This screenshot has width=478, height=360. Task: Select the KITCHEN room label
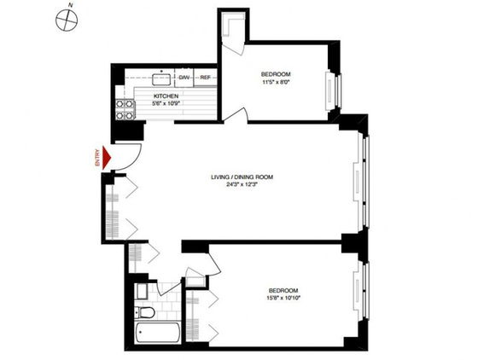[166, 96]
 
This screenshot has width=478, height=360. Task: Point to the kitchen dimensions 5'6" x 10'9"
[166, 103]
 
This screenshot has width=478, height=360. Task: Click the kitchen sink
[162, 78]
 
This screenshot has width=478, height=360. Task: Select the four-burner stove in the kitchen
[124, 108]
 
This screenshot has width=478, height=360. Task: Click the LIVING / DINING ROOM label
[247, 177]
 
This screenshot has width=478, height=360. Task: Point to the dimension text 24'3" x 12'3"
[247, 184]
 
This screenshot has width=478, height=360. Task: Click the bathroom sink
[142, 292]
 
